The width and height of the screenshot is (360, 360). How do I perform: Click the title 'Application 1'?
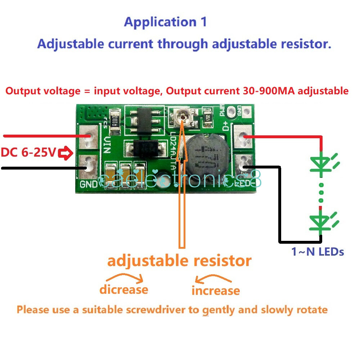166,22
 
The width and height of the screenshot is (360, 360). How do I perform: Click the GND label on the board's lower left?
88,185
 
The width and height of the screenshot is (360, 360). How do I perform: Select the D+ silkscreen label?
226,126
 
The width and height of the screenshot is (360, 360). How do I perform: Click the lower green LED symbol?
321,222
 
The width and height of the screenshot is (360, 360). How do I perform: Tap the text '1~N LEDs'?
318,252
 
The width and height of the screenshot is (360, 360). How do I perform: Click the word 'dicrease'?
124,289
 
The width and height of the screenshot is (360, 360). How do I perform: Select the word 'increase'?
216,291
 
